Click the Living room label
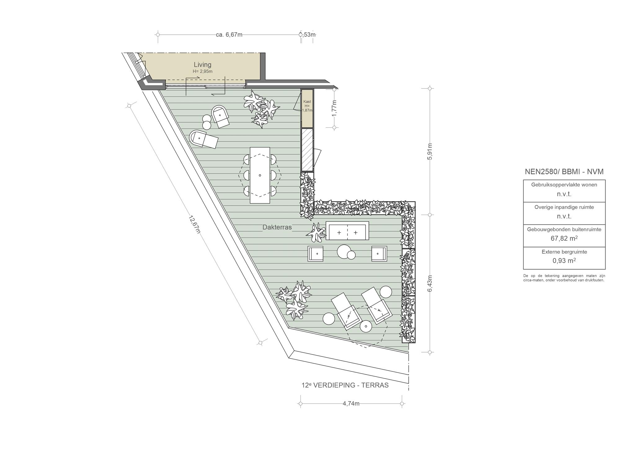(x=202, y=64)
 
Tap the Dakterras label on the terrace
(x=277, y=227)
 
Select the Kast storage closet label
(x=307, y=101)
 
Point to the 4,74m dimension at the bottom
(x=351, y=403)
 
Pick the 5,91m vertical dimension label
(x=429, y=152)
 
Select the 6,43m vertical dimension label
(x=429, y=283)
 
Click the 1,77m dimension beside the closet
(x=334, y=108)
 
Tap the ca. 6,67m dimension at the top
(x=229, y=34)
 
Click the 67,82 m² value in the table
(x=564, y=238)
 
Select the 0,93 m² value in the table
(x=564, y=260)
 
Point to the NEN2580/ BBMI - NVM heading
(x=564, y=171)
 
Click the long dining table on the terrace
(x=260, y=175)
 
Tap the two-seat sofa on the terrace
(x=347, y=231)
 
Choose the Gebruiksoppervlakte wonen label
(x=564, y=184)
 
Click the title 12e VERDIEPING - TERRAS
(x=345, y=385)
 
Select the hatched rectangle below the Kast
(x=307, y=149)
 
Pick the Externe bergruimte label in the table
(x=564, y=252)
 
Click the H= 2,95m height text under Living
(x=202, y=71)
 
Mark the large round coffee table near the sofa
(x=344, y=251)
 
